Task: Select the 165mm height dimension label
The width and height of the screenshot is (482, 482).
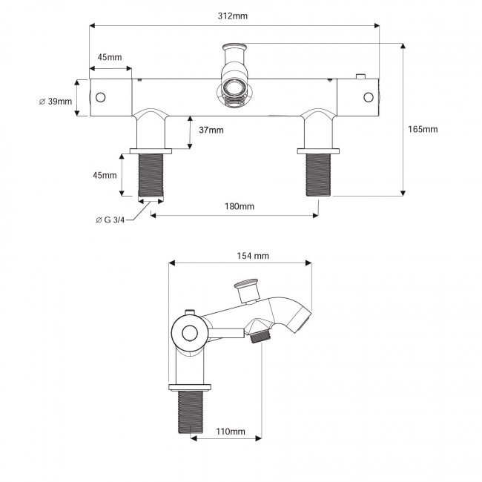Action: [423, 129]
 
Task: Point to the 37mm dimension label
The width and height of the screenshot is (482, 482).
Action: [211, 131]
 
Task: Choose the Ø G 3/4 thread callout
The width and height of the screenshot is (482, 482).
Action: [112, 219]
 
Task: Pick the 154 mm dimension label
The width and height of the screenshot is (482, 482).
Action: [252, 256]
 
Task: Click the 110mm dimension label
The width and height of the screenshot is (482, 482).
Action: [230, 432]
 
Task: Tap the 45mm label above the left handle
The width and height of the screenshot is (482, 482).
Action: [109, 57]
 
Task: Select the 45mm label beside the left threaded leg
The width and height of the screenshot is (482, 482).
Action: [105, 175]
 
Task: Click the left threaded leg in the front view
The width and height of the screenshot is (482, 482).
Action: [151, 176]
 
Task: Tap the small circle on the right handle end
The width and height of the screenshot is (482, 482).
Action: [367, 97]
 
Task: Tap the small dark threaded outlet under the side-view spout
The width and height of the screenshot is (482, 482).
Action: [259, 336]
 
